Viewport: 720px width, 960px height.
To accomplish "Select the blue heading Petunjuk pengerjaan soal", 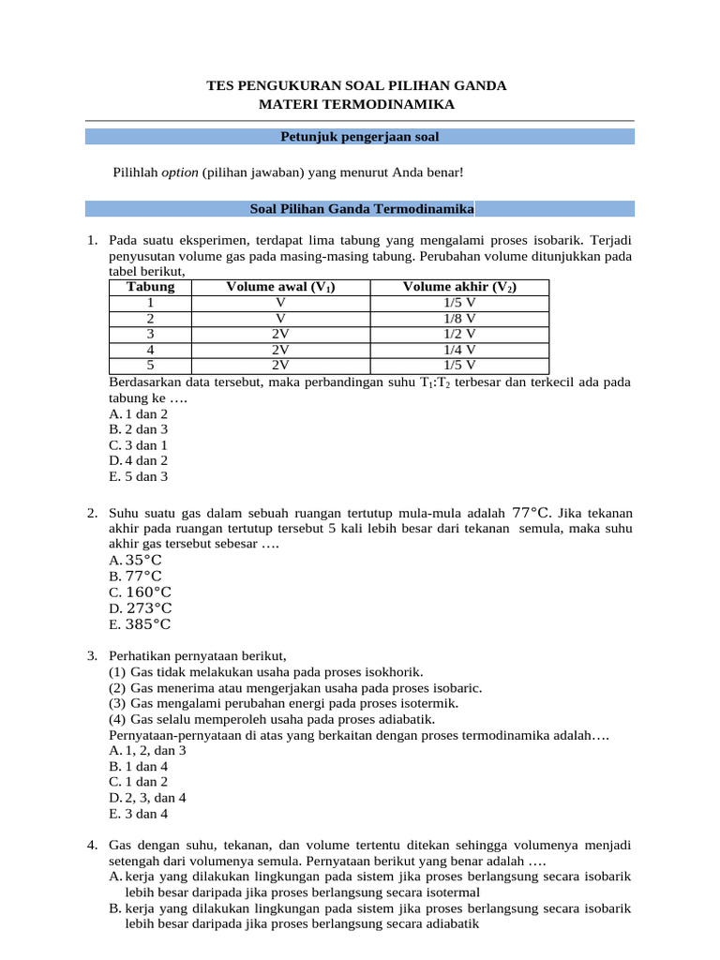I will [x=360, y=137].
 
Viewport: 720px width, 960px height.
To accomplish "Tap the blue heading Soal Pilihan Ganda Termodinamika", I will [x=361, y=208].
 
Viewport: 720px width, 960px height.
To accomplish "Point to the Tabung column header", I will [x=150, y=287].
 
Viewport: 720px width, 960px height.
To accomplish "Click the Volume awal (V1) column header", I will [x=280, y=287].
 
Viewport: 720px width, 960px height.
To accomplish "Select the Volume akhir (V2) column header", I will [x=459, y=287].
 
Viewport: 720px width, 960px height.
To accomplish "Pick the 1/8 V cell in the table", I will [x=459, y=318].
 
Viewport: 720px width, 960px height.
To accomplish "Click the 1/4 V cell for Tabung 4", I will [x=459, y=349].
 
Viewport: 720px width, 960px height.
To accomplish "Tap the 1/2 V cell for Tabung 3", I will [x=459, y=334].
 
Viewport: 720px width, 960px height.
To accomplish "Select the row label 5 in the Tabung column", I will [x=150, y=365].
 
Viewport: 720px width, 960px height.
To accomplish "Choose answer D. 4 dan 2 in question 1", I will [x=139, y=460].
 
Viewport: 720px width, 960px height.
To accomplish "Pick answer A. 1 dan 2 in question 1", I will [x=139, y=413].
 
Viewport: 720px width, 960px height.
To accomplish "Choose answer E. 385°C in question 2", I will [x=141, y=624].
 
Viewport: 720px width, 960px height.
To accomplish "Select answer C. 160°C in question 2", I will [x=141, y=592].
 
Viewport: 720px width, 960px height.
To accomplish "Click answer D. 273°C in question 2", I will [x=141, y=608].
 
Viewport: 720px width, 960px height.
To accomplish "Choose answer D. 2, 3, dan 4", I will [x=147, y=798].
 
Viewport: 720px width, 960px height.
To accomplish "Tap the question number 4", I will [x=93, y=846].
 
